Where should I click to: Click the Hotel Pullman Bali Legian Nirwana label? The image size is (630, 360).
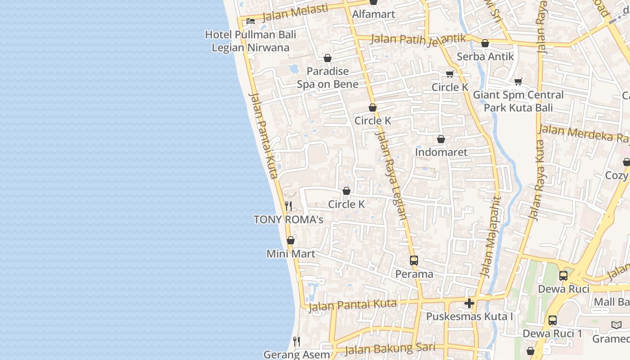click(251, 41)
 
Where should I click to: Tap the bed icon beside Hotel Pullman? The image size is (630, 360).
click(251, 21)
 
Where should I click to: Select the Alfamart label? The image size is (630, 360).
click(373, 14)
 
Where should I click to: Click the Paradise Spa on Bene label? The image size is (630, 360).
click(328, 78)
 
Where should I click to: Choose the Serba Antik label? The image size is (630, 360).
click(485, 57)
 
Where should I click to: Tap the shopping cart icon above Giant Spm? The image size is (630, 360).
click(518, 81)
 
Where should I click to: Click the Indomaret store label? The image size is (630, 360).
click(441, 152)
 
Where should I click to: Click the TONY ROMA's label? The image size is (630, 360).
click(288, 220)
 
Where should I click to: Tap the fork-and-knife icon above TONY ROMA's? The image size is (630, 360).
click(288, 206)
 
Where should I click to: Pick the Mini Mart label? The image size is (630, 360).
click(291, 254)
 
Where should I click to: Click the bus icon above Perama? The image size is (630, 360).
click(414, 260)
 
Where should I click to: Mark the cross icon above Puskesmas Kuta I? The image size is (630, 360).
click(469, 303)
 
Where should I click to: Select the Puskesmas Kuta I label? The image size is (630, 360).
click(469, 317)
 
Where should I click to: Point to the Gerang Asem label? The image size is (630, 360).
click(297, 355)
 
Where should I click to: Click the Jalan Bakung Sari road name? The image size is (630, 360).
click(390, 348)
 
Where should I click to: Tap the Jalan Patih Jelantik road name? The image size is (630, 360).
click(418, 39)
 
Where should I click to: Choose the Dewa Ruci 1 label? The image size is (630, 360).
click(552, 333)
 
